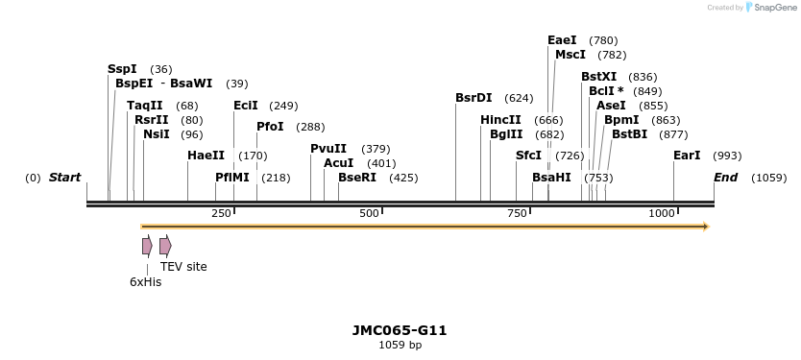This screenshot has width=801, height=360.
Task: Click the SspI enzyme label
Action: click(122, 69)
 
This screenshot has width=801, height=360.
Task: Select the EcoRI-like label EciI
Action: click(246, 106)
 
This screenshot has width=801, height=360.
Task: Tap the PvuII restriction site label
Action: click(328, 149)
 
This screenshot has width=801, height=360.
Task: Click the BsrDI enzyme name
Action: click(473, 98)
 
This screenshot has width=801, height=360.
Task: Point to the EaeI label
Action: click(562, 40)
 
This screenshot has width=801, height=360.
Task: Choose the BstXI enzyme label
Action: click(599, 77)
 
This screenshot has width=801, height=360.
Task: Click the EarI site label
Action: click(687, 156)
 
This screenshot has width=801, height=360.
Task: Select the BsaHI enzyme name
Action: click(551, 178)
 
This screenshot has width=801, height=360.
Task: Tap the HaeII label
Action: click(206, 156)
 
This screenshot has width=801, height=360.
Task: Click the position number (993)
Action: click(727, 156)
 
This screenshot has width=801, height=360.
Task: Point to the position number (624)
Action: click(519, 98)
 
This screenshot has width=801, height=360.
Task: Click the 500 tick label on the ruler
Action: click(370, 213)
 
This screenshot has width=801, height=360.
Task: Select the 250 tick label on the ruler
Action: click(222, 213)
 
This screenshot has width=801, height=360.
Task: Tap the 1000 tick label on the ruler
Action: click(662, 213)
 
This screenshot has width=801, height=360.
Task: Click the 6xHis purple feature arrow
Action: click(147, 246)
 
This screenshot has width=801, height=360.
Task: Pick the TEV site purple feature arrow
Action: click(165, 246)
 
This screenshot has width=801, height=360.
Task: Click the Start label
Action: click(64, 178)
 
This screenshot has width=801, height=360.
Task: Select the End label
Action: click(725, 178)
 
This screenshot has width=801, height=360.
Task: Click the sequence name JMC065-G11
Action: click(400, 330)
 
